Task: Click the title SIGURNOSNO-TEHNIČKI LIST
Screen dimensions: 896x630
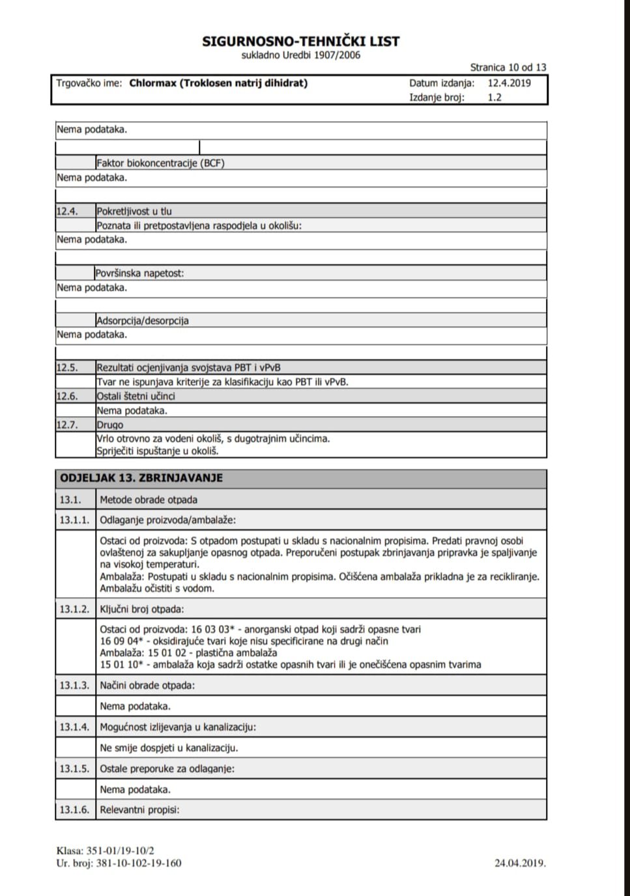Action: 300,41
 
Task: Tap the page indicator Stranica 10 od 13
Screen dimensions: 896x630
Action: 508,67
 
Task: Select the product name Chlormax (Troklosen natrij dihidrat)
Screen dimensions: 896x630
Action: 218,83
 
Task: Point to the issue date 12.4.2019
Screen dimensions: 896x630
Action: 509,83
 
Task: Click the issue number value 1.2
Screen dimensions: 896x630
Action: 494,98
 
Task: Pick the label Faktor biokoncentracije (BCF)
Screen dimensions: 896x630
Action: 160,163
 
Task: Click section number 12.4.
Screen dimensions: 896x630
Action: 67,211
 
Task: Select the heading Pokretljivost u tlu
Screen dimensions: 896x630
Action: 134,211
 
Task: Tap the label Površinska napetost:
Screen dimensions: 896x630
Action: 140,273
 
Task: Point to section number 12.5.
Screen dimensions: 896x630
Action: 67,367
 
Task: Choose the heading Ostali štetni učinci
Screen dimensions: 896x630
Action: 136,396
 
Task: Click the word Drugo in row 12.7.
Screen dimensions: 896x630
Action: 110,425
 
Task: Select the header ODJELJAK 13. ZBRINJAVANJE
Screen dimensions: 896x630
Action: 141,478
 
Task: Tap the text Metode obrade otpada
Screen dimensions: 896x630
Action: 149,500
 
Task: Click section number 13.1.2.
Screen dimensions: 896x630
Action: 74,609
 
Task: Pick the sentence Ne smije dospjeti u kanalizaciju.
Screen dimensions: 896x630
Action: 169,748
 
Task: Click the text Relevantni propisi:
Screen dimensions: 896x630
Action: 139,810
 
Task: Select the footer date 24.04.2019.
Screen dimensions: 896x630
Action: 520,863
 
